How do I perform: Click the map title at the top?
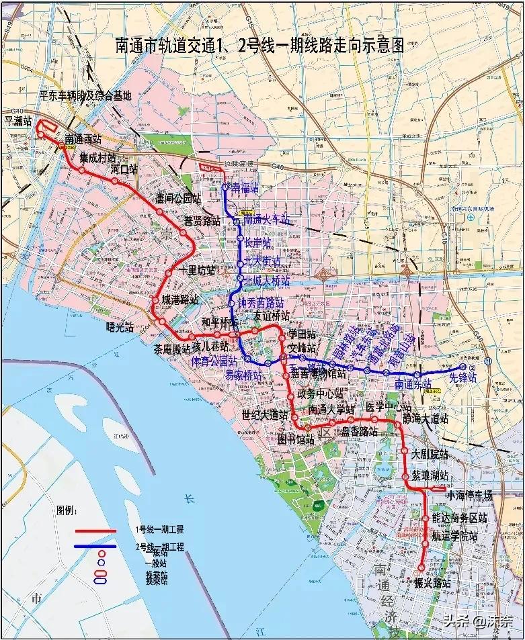[259, 46]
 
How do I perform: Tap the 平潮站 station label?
[18, 122]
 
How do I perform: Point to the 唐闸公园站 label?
[178, 198]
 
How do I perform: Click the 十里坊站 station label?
[198, 271]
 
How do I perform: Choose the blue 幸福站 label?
[244, 189]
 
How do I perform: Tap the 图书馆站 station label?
[296, 440]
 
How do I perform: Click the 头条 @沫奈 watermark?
[477, 621]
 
